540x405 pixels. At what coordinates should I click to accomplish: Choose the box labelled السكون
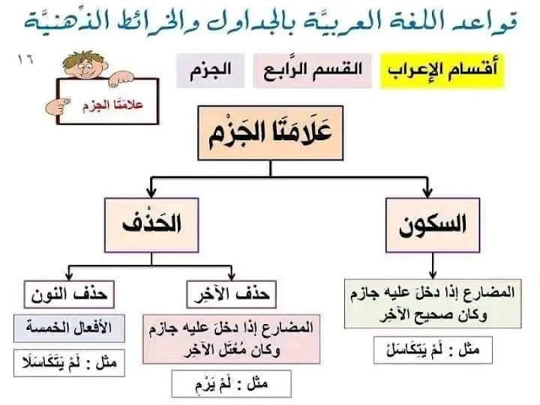coord(432,224)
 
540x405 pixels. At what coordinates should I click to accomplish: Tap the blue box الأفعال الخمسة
coord(68,327)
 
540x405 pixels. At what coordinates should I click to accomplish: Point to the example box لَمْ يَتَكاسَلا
coord(68,364)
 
